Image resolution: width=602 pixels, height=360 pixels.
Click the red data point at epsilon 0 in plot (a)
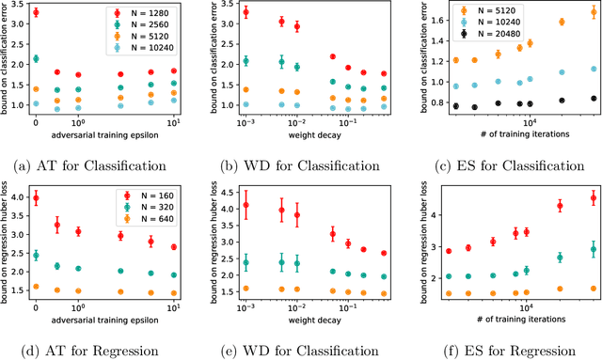36,13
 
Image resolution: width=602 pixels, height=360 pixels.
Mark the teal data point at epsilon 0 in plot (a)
36,58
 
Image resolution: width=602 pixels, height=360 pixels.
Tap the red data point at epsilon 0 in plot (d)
36,197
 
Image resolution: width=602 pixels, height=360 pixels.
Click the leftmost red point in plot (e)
246,205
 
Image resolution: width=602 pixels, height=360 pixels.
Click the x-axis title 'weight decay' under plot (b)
307,134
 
